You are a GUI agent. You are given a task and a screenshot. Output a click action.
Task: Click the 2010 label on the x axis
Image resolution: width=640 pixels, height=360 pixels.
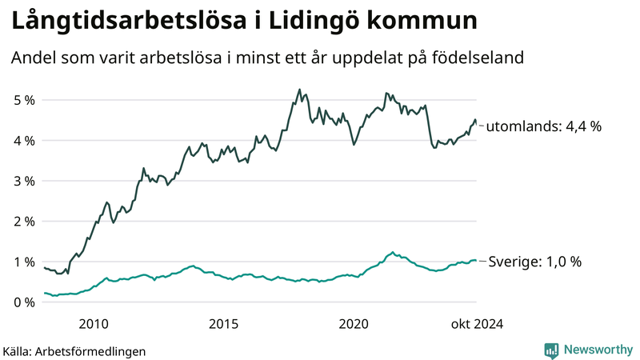[94, 323]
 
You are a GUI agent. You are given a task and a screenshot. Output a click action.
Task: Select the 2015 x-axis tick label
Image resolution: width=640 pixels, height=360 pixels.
[223, 323]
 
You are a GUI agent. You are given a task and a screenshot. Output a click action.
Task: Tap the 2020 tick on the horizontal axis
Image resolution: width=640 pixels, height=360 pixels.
[354, 323]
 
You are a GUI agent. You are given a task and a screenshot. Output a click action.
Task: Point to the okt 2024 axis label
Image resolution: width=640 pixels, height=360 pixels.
[477, 323]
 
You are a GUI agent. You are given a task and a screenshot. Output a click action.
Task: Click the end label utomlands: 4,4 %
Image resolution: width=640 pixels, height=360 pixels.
[544, 126]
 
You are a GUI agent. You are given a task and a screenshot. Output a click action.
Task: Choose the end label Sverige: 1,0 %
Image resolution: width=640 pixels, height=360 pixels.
[534, 262]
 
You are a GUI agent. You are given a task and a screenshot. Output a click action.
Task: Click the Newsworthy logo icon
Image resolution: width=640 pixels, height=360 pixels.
[551, 350]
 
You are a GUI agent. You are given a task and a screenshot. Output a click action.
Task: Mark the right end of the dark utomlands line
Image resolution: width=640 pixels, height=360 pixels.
[477, 125]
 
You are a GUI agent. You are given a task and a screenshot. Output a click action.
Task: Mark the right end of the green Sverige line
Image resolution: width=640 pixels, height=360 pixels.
[477, 260]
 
